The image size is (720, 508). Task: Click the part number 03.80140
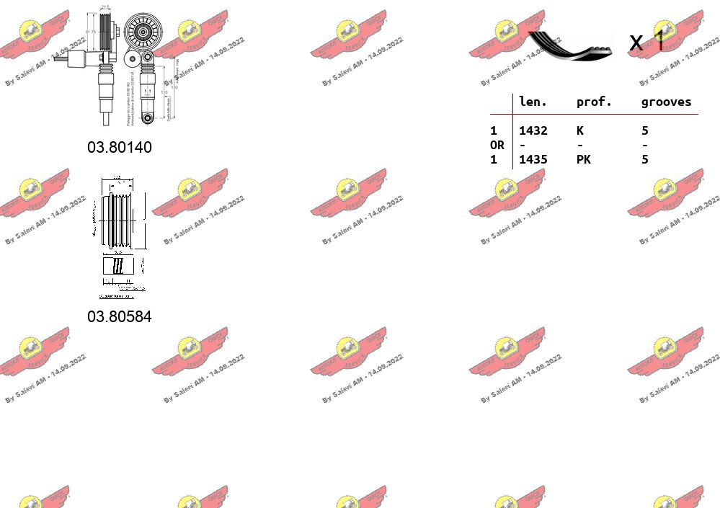(x=120, y=147)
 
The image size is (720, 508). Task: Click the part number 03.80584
(x=120, y=316)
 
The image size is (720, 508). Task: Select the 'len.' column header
(x=533, y=102)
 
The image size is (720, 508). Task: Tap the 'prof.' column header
(x=594, y=102)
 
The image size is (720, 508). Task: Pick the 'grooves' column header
(x=666, y=102)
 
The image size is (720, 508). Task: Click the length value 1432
(x=533, y=130)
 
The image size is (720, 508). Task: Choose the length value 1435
(x=533, y=159)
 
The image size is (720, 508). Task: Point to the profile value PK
(x=583, y=159)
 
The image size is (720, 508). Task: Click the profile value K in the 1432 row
(x=579, y=130)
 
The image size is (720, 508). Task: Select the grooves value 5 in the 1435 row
(x=645, y=159)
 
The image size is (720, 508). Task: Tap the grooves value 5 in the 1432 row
(x=645, y=130)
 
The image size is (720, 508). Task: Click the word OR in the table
(x=497, y=145)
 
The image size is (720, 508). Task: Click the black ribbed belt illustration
(x=569, y=45)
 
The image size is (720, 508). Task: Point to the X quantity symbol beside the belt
(x=636, y=43)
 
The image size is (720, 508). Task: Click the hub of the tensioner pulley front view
(x=143, y=32)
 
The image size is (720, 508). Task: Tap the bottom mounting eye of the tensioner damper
(x=148, y=117)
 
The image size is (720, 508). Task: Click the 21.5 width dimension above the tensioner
(x=105, y=7)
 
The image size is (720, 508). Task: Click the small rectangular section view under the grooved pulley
(x=117, y=266)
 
